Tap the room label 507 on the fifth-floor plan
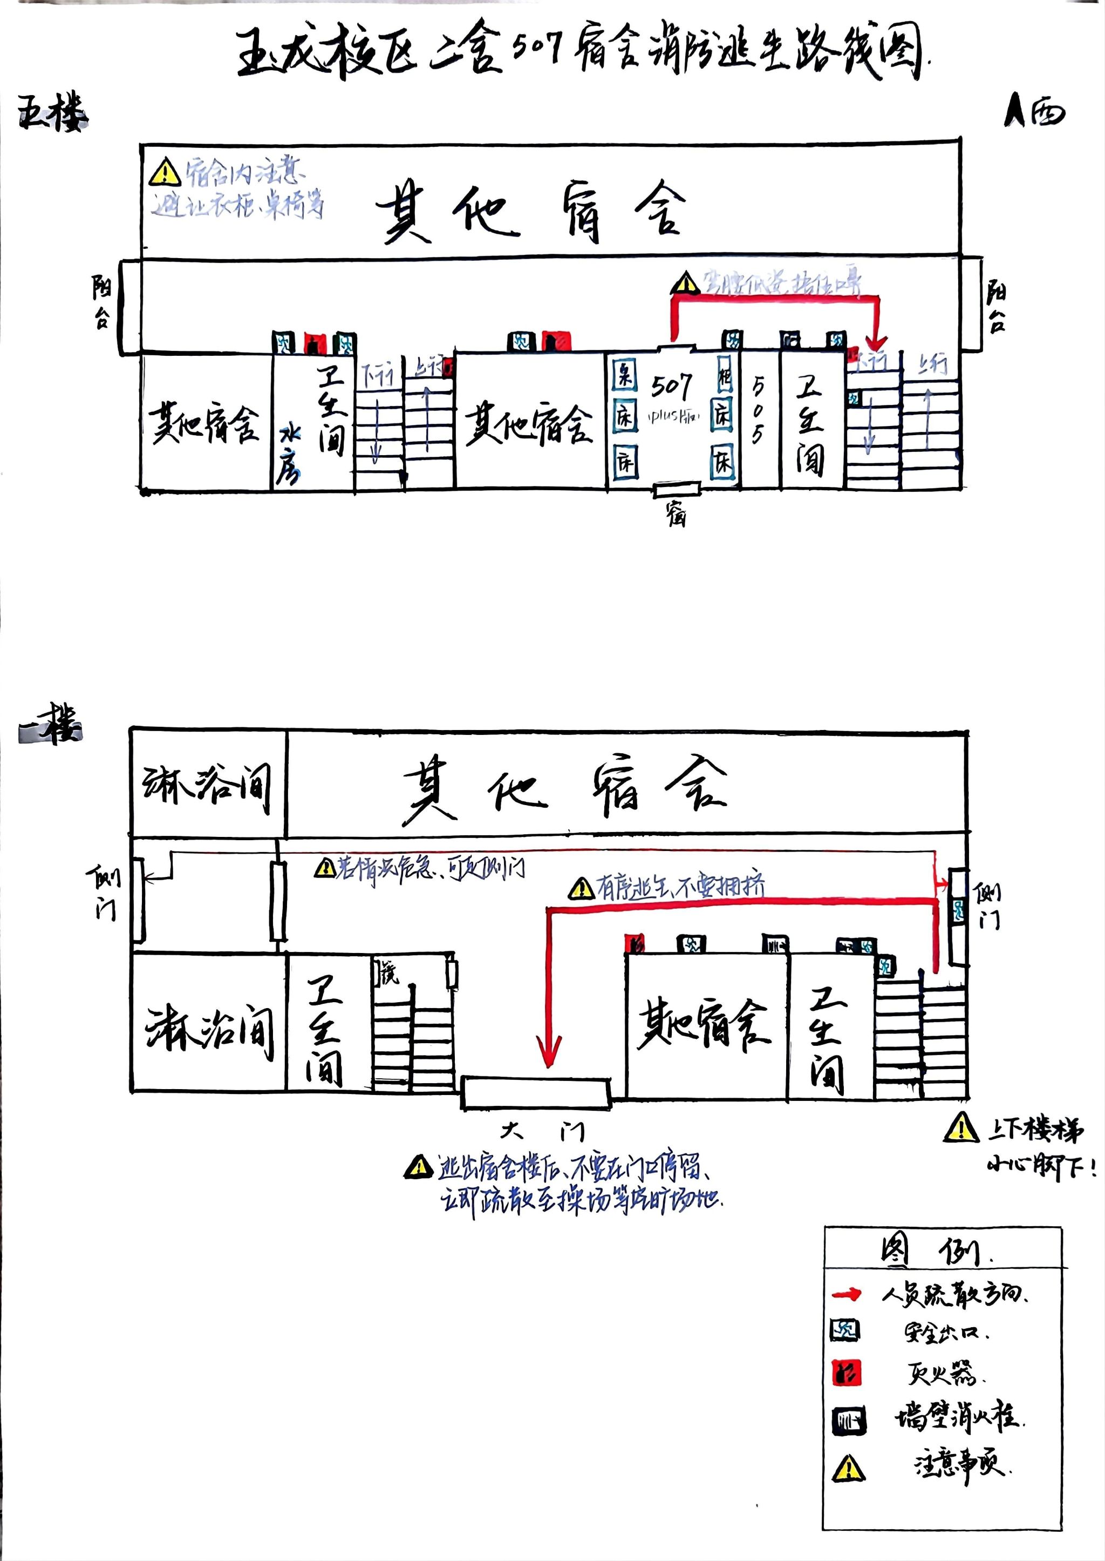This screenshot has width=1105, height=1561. point(672,386)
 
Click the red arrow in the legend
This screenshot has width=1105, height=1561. point(847,1294)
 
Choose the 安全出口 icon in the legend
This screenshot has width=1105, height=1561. point(845,1331)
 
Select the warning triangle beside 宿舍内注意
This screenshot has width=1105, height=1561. point(165,172)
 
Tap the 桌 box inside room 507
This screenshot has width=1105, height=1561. point(623,375)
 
